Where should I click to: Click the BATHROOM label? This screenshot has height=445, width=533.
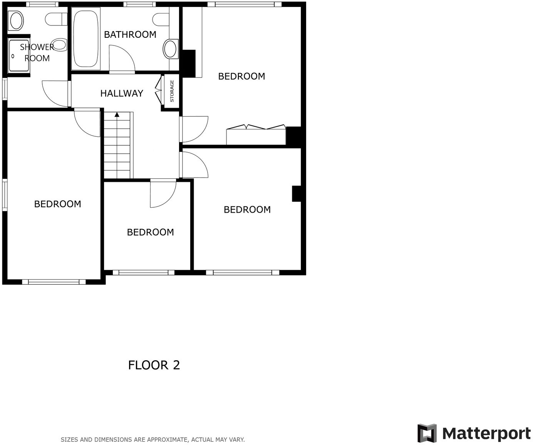(x=130, y=35)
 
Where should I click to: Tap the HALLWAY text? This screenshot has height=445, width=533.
(x=122, y=93)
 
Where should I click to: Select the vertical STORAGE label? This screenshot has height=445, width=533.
(x=172, y=91)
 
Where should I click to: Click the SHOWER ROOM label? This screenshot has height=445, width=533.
(x=37, y=53)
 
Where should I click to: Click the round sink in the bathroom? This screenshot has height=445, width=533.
(x=170, y=49)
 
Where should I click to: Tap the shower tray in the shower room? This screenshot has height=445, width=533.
(x=18, y=55)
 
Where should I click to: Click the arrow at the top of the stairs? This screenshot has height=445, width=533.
(x=117, y=114)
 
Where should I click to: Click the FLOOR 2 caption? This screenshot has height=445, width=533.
(x=154, y=365)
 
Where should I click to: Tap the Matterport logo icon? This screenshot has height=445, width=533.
(x=427, y=433)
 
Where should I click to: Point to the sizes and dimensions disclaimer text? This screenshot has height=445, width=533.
(x=153, y=440)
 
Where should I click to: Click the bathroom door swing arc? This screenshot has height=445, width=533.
(x=122, y=58)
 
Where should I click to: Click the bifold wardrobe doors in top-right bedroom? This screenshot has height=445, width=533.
(x=256, y=128)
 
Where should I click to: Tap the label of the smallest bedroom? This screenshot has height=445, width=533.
(x=150, y=232)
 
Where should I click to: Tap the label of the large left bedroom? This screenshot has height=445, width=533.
(x=58, y=204)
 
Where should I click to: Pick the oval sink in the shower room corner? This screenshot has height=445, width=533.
(x=16, y=20)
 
